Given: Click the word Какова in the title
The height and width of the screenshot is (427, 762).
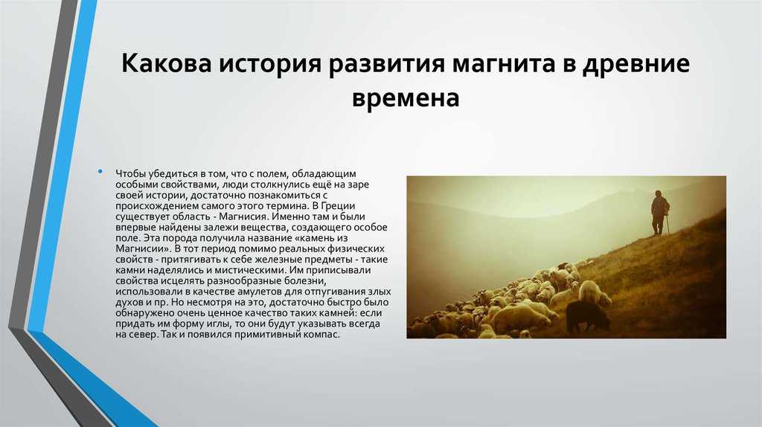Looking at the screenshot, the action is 166,64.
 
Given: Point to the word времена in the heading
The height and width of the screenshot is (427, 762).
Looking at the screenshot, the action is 406,97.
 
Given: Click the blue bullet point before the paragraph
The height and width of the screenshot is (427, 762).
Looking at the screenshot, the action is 100,172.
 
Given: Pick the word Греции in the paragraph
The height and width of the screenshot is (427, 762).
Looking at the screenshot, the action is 339,206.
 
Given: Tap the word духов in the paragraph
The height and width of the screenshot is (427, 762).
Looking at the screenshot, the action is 129,302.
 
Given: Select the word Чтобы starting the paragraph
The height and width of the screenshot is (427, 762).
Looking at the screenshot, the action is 131,173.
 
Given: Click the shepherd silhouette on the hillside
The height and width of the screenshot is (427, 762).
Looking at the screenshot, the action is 659,213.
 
